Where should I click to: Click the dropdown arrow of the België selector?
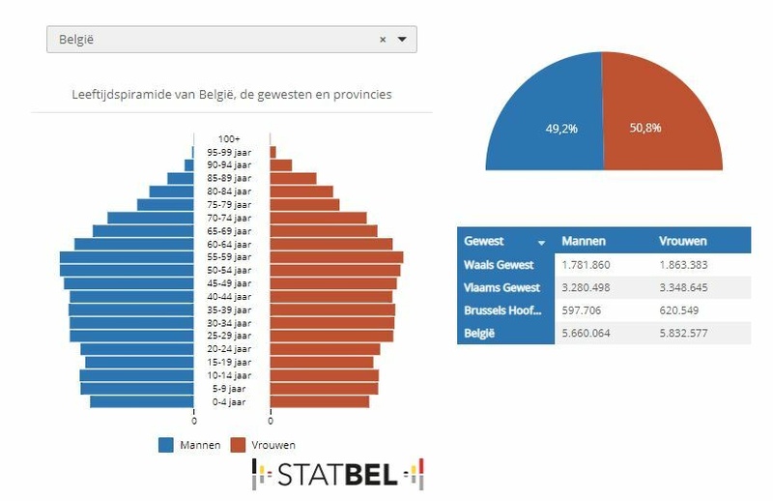[x=402, y=40]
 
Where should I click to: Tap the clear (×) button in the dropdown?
[x=383, y=40]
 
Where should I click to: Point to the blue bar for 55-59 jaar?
[x=126, y=257]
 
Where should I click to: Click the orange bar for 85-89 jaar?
[x=293, y=178]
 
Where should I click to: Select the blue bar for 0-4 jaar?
[x=142, y=401]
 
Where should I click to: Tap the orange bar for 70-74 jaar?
[x=318, y=218]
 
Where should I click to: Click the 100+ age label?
[x=229, y=139]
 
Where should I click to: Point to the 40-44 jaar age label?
[x=229, y=296]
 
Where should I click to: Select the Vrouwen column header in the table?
[x=682, y=241]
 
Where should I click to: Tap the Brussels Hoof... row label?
[x=502, y=310]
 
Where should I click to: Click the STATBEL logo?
[x=338, y=474]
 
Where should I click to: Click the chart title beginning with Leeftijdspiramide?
[x=232, y=95]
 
